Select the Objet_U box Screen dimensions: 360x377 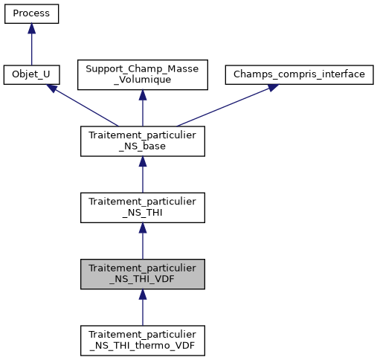(x=31, y=75)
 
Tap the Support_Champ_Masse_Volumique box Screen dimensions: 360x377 (x=142, y=75)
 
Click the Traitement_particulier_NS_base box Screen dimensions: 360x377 (x=142, y=141)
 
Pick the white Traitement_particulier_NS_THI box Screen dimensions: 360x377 (x=142, y=208)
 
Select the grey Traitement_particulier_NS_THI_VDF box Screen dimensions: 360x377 (x=142, y=274)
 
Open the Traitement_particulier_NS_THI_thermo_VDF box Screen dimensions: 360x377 (x=142, y=340)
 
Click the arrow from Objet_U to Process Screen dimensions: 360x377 (x=31, y=48)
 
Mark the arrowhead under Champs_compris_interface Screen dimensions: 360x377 (x=271, y=87)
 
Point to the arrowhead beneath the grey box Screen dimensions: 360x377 (x=142, y=295)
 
